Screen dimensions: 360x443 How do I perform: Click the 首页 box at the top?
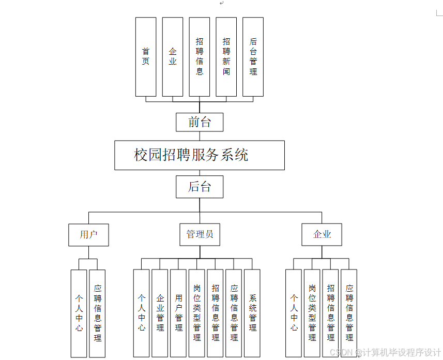(146, 57)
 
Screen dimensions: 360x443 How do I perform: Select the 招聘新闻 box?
(226, 57)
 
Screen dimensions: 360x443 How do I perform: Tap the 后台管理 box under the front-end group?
(253, 57)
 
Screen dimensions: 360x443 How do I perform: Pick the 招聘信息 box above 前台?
(200, 57)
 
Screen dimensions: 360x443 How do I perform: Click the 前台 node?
(200, 122)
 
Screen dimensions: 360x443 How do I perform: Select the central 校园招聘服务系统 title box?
(200, 155)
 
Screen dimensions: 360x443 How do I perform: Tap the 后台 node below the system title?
(200, 187)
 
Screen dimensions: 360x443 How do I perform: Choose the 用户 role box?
(89, 234)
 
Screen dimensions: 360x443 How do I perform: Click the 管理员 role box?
(200, 234)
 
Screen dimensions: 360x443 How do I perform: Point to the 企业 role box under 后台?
(322, 234)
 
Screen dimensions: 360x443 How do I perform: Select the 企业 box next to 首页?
(173, 57)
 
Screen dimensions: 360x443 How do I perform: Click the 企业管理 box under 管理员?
(160, 313)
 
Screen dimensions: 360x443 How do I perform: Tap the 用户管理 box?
(178, 313)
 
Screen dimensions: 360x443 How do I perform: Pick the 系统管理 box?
(252, 313)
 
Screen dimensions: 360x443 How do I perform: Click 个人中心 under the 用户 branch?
(79, 313)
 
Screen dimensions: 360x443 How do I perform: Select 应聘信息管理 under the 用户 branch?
(97, 313)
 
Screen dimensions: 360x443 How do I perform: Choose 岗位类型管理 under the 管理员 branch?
(197, 313)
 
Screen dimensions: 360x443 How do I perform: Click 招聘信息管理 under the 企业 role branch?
(331, 313)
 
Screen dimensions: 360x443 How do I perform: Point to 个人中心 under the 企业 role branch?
(294, 313)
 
